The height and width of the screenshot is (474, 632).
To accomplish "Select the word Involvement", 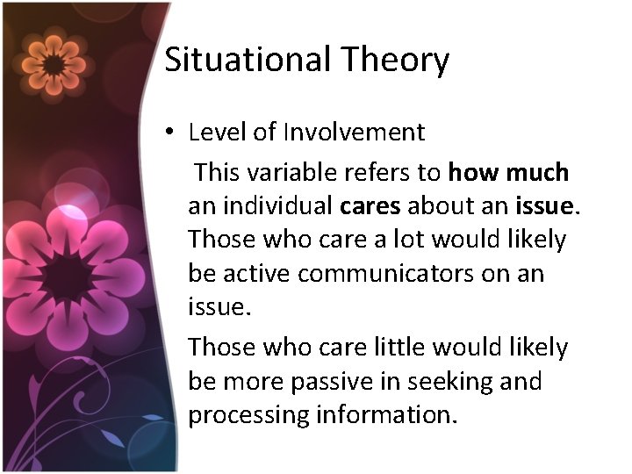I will (354, 133).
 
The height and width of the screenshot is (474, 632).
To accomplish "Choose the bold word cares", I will (370, 205).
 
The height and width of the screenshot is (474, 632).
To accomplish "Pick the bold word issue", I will (545, 205).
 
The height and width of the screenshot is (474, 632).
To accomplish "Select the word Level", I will (214, 133).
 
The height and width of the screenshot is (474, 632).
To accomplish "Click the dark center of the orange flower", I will (55, 63).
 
